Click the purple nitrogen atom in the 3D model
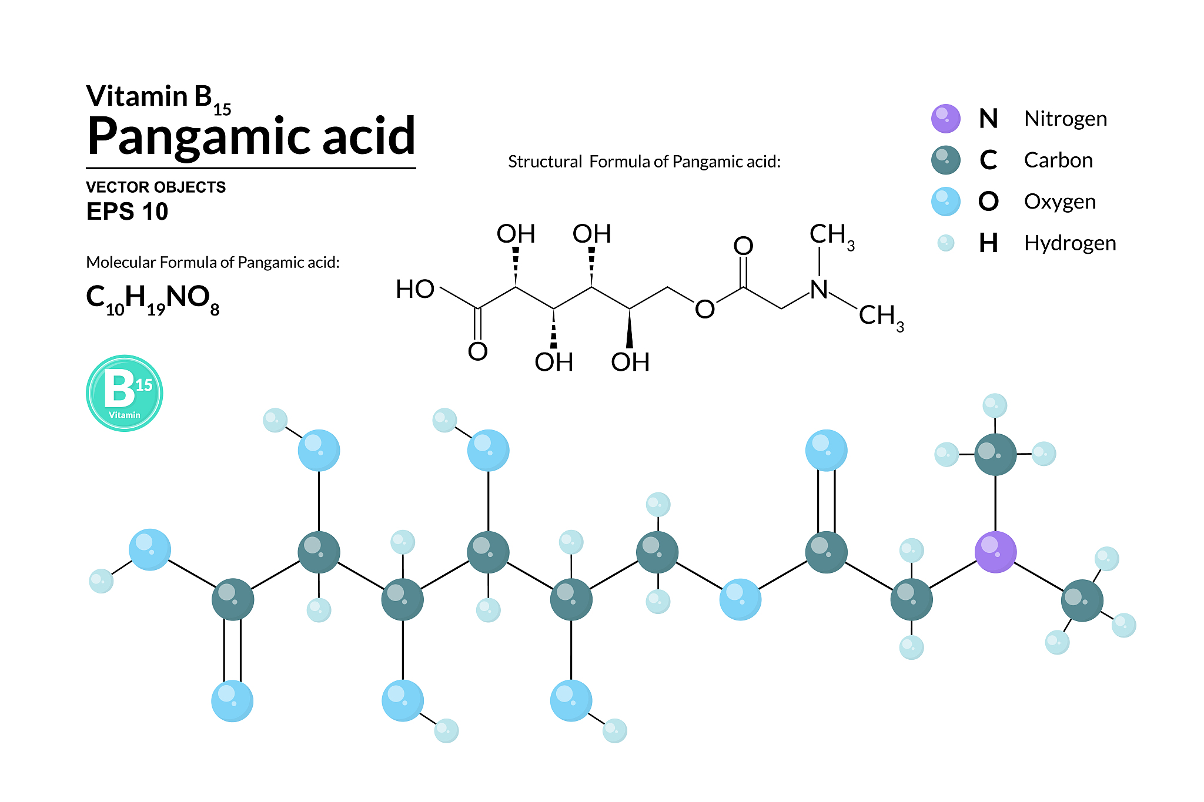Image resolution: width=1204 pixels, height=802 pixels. pyautogui.click(x=995, y=552)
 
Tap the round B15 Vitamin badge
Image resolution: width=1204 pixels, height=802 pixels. pyautogui.click(x=125, y=393)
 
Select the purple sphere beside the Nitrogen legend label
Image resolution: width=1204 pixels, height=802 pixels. pyautogui.click(x=946, y=119)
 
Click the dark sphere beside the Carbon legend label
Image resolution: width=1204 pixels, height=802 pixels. pyautogui.click(x=946, y=160)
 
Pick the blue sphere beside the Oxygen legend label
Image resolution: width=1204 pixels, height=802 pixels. pyautogui.click(x=946, y=202)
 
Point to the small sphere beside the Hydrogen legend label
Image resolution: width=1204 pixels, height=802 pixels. pyautogui.click(x=946, y=243)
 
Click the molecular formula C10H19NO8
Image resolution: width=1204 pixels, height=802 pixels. pyautogui.click(x=153, y=300)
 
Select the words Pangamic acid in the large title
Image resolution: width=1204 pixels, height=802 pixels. pyautogui.click(x=252, y=137)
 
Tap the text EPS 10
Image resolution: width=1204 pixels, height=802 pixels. pyautogui.click(x=127, y=212)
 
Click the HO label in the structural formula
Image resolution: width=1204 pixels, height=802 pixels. pyautogui.click(x=415, y=289)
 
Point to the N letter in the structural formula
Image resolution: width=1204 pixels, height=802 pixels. pyautogui.click(x=819, y=289)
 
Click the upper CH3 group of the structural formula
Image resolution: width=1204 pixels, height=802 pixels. pyautogui.click(x=832, y=236)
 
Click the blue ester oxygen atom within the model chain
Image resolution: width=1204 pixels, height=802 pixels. pyautogui.click(x=740, y=599)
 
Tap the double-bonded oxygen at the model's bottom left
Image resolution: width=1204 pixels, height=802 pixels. pyautogui.click(x=232, y=700)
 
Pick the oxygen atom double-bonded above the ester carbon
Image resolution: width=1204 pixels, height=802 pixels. pyautogui.click(x=826, y=450)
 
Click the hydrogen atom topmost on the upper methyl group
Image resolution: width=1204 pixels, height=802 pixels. pyautogui.click(x=995, y=405)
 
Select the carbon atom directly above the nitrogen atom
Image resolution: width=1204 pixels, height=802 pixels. pyautogui.click(x=995, y=454)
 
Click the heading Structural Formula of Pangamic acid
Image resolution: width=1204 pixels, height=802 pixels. pyautogui.click(x=644, y=162)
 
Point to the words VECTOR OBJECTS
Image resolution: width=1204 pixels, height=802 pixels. pyautogui.click(x=156, y=187)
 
